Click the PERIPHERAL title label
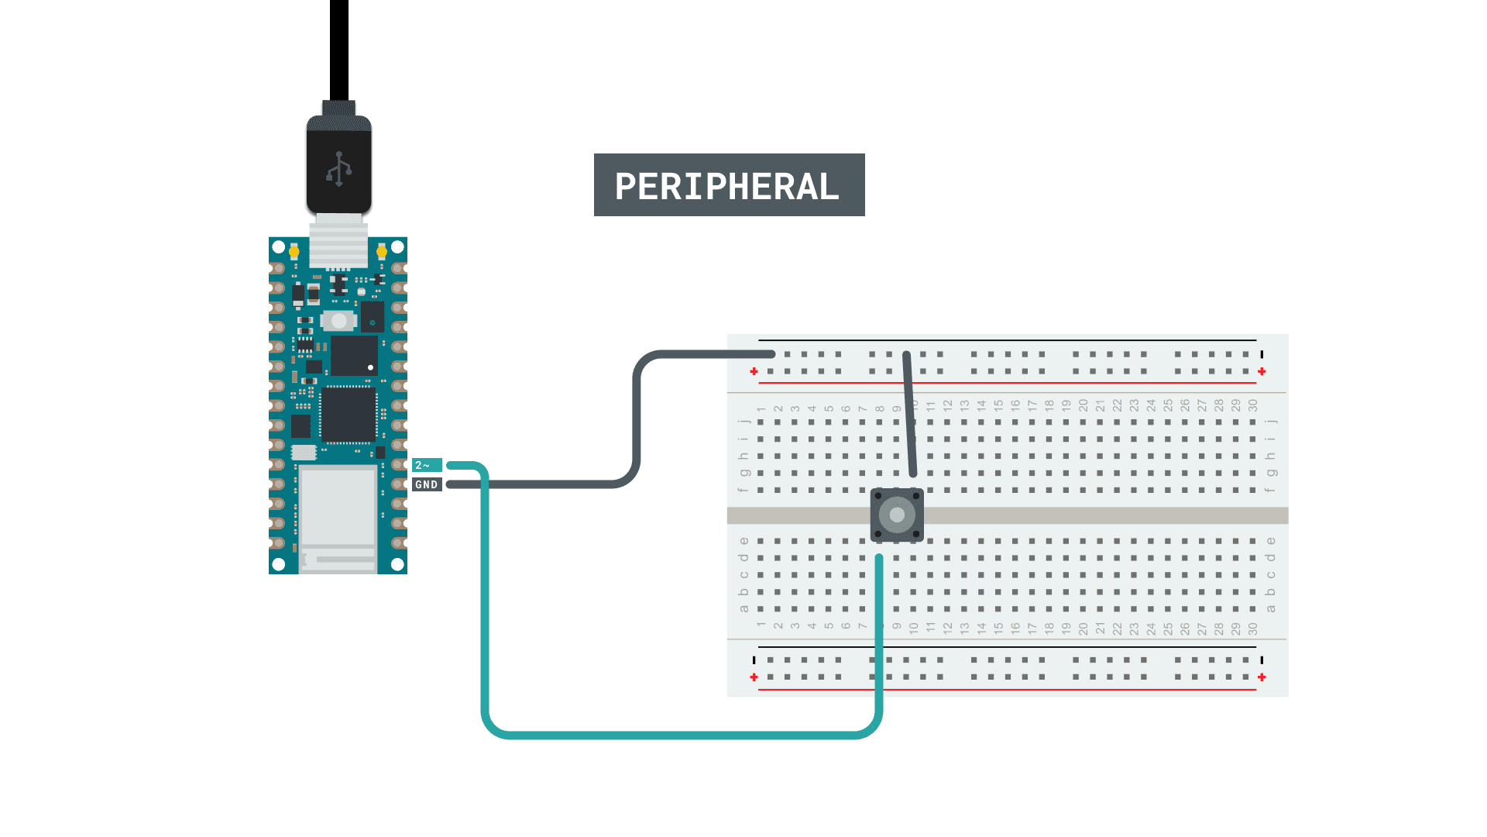[x=729, y=185]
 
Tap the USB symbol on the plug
[x=338, y=169]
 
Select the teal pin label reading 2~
[x=427, y=465]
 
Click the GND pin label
[x=427, y=484]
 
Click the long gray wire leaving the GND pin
[x=636, y=418]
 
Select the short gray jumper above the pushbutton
[x=909, y=415]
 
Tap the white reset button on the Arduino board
[x=338, y=320]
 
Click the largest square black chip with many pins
[x=349, y=415]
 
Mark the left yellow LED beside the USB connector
[x=294, y=252]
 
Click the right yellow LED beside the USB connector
[x=381, y=252]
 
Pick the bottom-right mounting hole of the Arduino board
[x=397, y=564]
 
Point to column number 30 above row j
[x=1252, y=405]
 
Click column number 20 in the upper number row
[x=1083, y=405]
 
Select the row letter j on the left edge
[x=743, y=422]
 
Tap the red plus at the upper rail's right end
[x=1262, y=372]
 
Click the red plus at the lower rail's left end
[x=754, y=677]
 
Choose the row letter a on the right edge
[x=1270, y=608]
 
